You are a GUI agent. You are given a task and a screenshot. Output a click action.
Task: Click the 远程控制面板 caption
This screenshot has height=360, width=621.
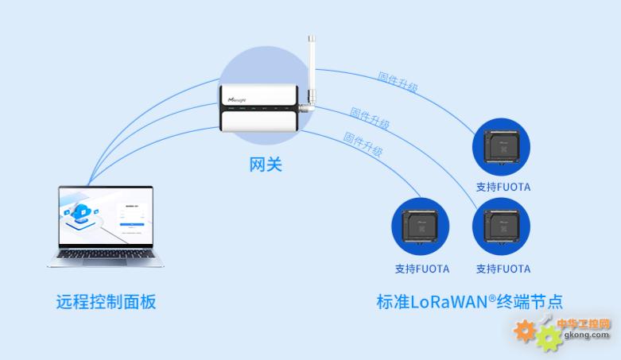point(107,302)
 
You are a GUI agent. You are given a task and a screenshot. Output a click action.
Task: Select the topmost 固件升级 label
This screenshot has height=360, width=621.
point(398,83)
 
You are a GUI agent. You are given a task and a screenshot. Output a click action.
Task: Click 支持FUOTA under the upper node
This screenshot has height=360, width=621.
point(503,188)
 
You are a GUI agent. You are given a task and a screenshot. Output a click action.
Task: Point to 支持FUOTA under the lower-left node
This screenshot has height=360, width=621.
point(421,268)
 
